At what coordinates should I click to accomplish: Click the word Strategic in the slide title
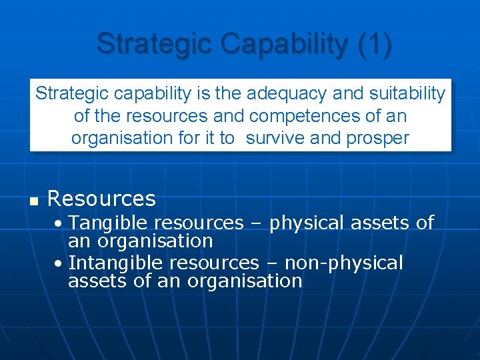[x=153, y=44]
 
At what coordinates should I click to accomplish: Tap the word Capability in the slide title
[x=283, y=44]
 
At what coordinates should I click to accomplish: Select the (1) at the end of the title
[x=375, y=44]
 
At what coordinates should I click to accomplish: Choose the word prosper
[x=377, y=138]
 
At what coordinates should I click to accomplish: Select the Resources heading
[x=101, y=199]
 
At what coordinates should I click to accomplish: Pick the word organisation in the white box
[x=119, y=138]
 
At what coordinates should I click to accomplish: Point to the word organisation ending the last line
[x=245, y=281]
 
